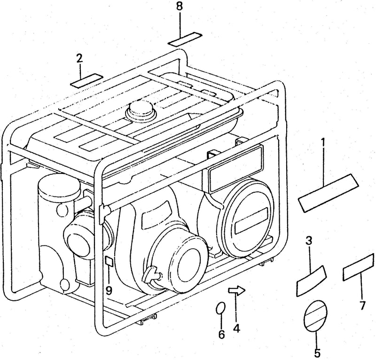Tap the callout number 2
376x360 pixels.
coord(79,58)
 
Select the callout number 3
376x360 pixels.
coord(309,241)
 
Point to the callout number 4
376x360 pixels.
coord(236,329)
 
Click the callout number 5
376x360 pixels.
coord(317,353)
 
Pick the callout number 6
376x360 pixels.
coord(221,334)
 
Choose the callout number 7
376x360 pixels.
coord(362,305)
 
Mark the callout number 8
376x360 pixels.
coord(179,7)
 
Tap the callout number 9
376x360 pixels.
coord(109,290)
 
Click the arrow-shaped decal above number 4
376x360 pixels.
coord(236,290)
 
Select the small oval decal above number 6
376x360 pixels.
coord(220,308)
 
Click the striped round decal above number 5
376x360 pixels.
coord(315,315)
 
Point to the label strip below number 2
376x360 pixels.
coord(86,80)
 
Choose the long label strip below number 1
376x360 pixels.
coord(328,193)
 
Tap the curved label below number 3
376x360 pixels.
coord(312,281)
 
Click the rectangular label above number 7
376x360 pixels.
coord(359,266)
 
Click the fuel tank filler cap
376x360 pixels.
coord(141,110)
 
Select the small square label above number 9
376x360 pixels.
coord(109,261)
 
